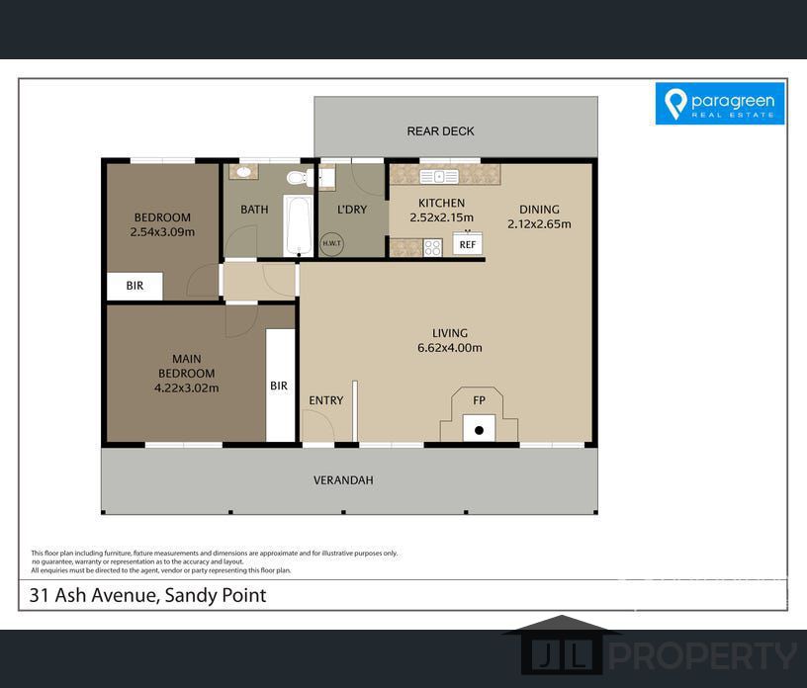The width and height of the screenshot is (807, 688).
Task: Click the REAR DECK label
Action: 441,130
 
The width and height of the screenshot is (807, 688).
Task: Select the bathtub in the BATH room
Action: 294,226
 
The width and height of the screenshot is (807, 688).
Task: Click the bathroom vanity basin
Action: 241,172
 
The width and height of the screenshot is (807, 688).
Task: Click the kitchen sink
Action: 438,177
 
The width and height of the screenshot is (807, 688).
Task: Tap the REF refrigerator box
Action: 467,244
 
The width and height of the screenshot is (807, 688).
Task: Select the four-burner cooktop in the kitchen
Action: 432,248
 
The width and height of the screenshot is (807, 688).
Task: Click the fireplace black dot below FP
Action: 480,430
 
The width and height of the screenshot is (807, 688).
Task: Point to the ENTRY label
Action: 326,400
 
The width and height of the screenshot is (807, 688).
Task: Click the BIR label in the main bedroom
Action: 279,386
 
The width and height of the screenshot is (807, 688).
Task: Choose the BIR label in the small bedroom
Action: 134,286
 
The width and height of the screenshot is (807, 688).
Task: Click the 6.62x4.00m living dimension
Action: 449,348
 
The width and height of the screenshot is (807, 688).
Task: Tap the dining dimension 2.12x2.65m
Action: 539,223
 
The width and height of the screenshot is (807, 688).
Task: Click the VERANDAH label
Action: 343,480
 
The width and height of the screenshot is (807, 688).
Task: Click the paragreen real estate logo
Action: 720,104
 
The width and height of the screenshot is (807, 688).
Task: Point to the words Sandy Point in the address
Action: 217,595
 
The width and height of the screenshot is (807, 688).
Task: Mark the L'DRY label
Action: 352,209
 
